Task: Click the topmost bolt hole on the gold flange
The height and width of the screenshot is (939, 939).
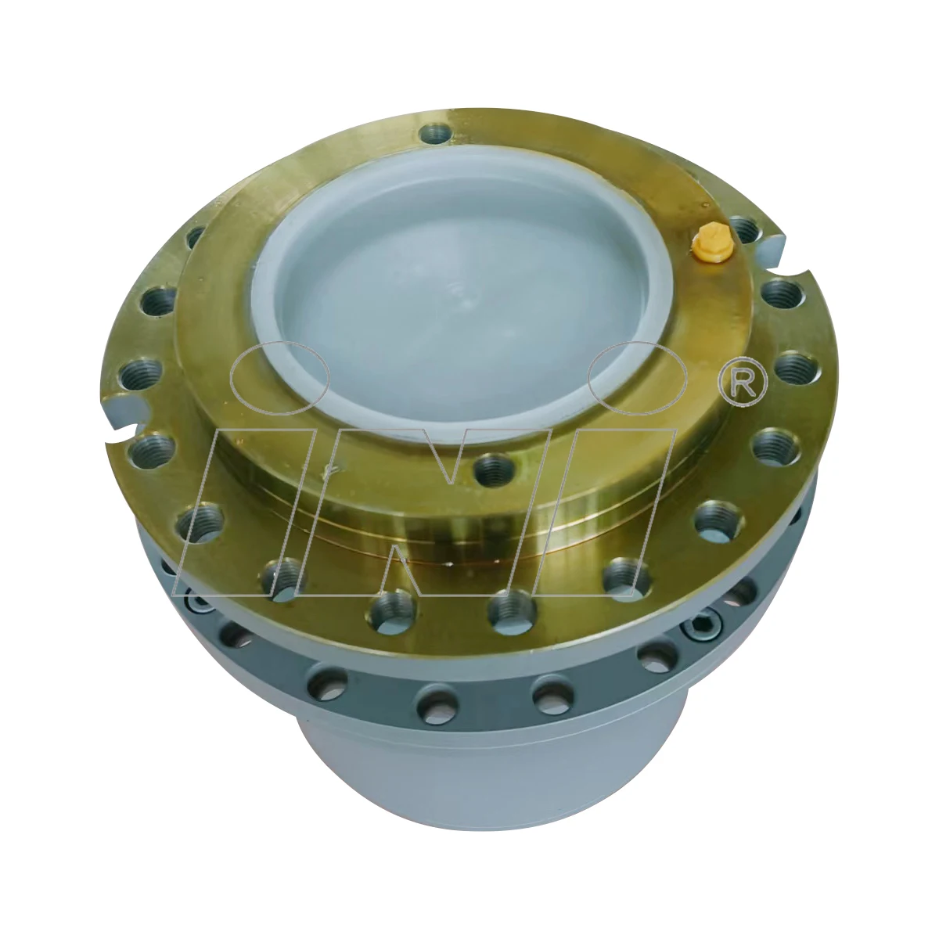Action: tap(435, 135)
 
